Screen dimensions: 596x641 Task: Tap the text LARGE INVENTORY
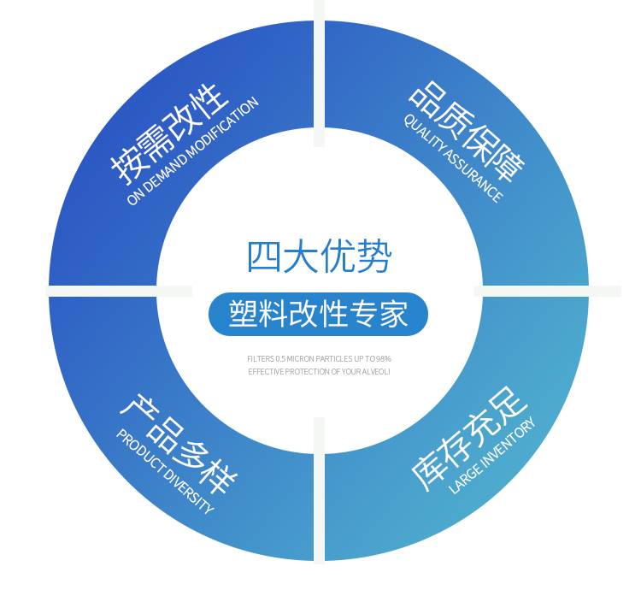pos(492,455)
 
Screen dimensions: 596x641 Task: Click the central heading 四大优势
pos(319,257)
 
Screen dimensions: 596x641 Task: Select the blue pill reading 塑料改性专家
pos(318,314)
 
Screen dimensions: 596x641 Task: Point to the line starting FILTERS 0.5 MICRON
pos(319,359)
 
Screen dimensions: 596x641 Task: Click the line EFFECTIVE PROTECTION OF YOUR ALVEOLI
pos(319,371)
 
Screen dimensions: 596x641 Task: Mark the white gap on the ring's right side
pos(547,292)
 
